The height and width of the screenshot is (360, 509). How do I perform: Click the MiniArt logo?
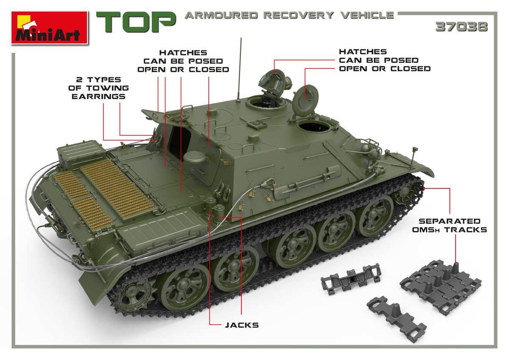click(49, 28)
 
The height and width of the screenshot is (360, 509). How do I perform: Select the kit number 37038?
click(461, 27)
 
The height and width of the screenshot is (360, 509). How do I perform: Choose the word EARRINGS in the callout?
click(98, 96)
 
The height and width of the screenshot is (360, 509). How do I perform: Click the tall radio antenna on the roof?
click(240, 68)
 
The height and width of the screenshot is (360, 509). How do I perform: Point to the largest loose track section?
click(440, 284)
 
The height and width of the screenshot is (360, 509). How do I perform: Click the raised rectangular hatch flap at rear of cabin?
click(153, 114)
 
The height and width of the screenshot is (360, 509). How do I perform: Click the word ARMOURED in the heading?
click(221, 16)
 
